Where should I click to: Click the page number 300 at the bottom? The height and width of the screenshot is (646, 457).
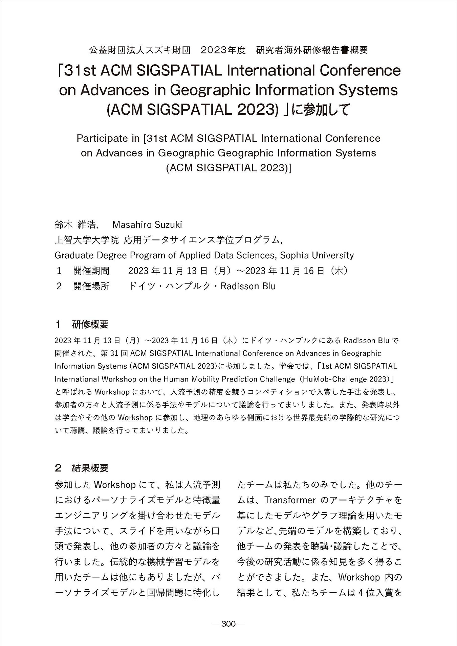[x=228, y=624]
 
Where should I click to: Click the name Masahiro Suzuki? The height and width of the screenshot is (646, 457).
[x=147, y=225]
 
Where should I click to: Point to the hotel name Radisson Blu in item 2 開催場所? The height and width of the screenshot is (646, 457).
[x=248, y=286]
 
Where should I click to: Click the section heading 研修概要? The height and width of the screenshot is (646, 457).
[x=90, y=325]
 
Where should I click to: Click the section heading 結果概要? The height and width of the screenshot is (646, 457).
[x=90, y=468]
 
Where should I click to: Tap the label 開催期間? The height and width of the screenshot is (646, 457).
[x=91, y=271]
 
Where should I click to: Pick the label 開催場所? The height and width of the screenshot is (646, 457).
[x=91, y=286]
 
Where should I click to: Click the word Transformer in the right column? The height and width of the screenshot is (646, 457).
[x=290, y=500]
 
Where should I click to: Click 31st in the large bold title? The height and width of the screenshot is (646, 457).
[x=80, y=71]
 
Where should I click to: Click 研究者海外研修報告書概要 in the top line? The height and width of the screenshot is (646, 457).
[x=312, y=50]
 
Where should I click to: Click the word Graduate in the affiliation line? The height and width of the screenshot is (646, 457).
[x=74, y=255]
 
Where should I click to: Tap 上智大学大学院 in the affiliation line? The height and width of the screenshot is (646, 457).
[x=87, y=240]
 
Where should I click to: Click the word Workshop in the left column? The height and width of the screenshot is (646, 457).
[x=115, y=485]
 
